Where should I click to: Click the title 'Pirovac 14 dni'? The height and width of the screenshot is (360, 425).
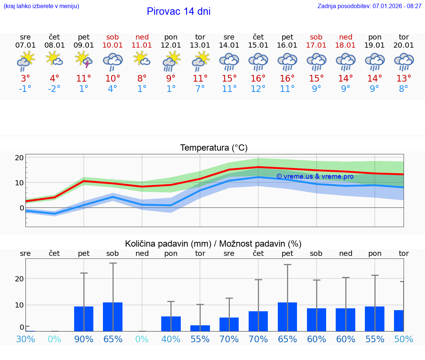pos(179,11)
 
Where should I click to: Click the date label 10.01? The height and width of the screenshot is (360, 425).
pos(113,45)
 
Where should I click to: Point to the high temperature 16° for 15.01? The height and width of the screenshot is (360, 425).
pos(258,79)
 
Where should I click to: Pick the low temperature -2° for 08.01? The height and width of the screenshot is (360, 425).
pos(54,89)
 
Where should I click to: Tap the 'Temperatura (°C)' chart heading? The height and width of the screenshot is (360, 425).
pos(214,148)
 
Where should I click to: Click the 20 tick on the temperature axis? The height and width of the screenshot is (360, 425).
pos(19,158)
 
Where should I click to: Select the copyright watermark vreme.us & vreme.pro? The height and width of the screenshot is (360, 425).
pos(315,176)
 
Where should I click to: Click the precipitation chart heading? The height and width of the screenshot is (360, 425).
pos(213,244)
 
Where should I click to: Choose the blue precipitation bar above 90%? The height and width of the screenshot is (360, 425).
pos(84,319)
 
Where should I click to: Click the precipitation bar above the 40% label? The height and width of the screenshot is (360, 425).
pos(171,324)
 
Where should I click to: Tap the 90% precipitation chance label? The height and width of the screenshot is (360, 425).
pos(84,339)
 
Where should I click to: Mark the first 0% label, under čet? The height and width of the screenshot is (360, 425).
pos(54,339)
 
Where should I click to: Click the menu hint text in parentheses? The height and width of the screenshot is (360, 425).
pos(41,6)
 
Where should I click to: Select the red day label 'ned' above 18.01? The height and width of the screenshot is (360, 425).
pos(346,37)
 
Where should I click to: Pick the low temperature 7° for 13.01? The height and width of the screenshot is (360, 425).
pos(200,89)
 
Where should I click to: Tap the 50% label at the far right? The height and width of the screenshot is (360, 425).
pos(404,339)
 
